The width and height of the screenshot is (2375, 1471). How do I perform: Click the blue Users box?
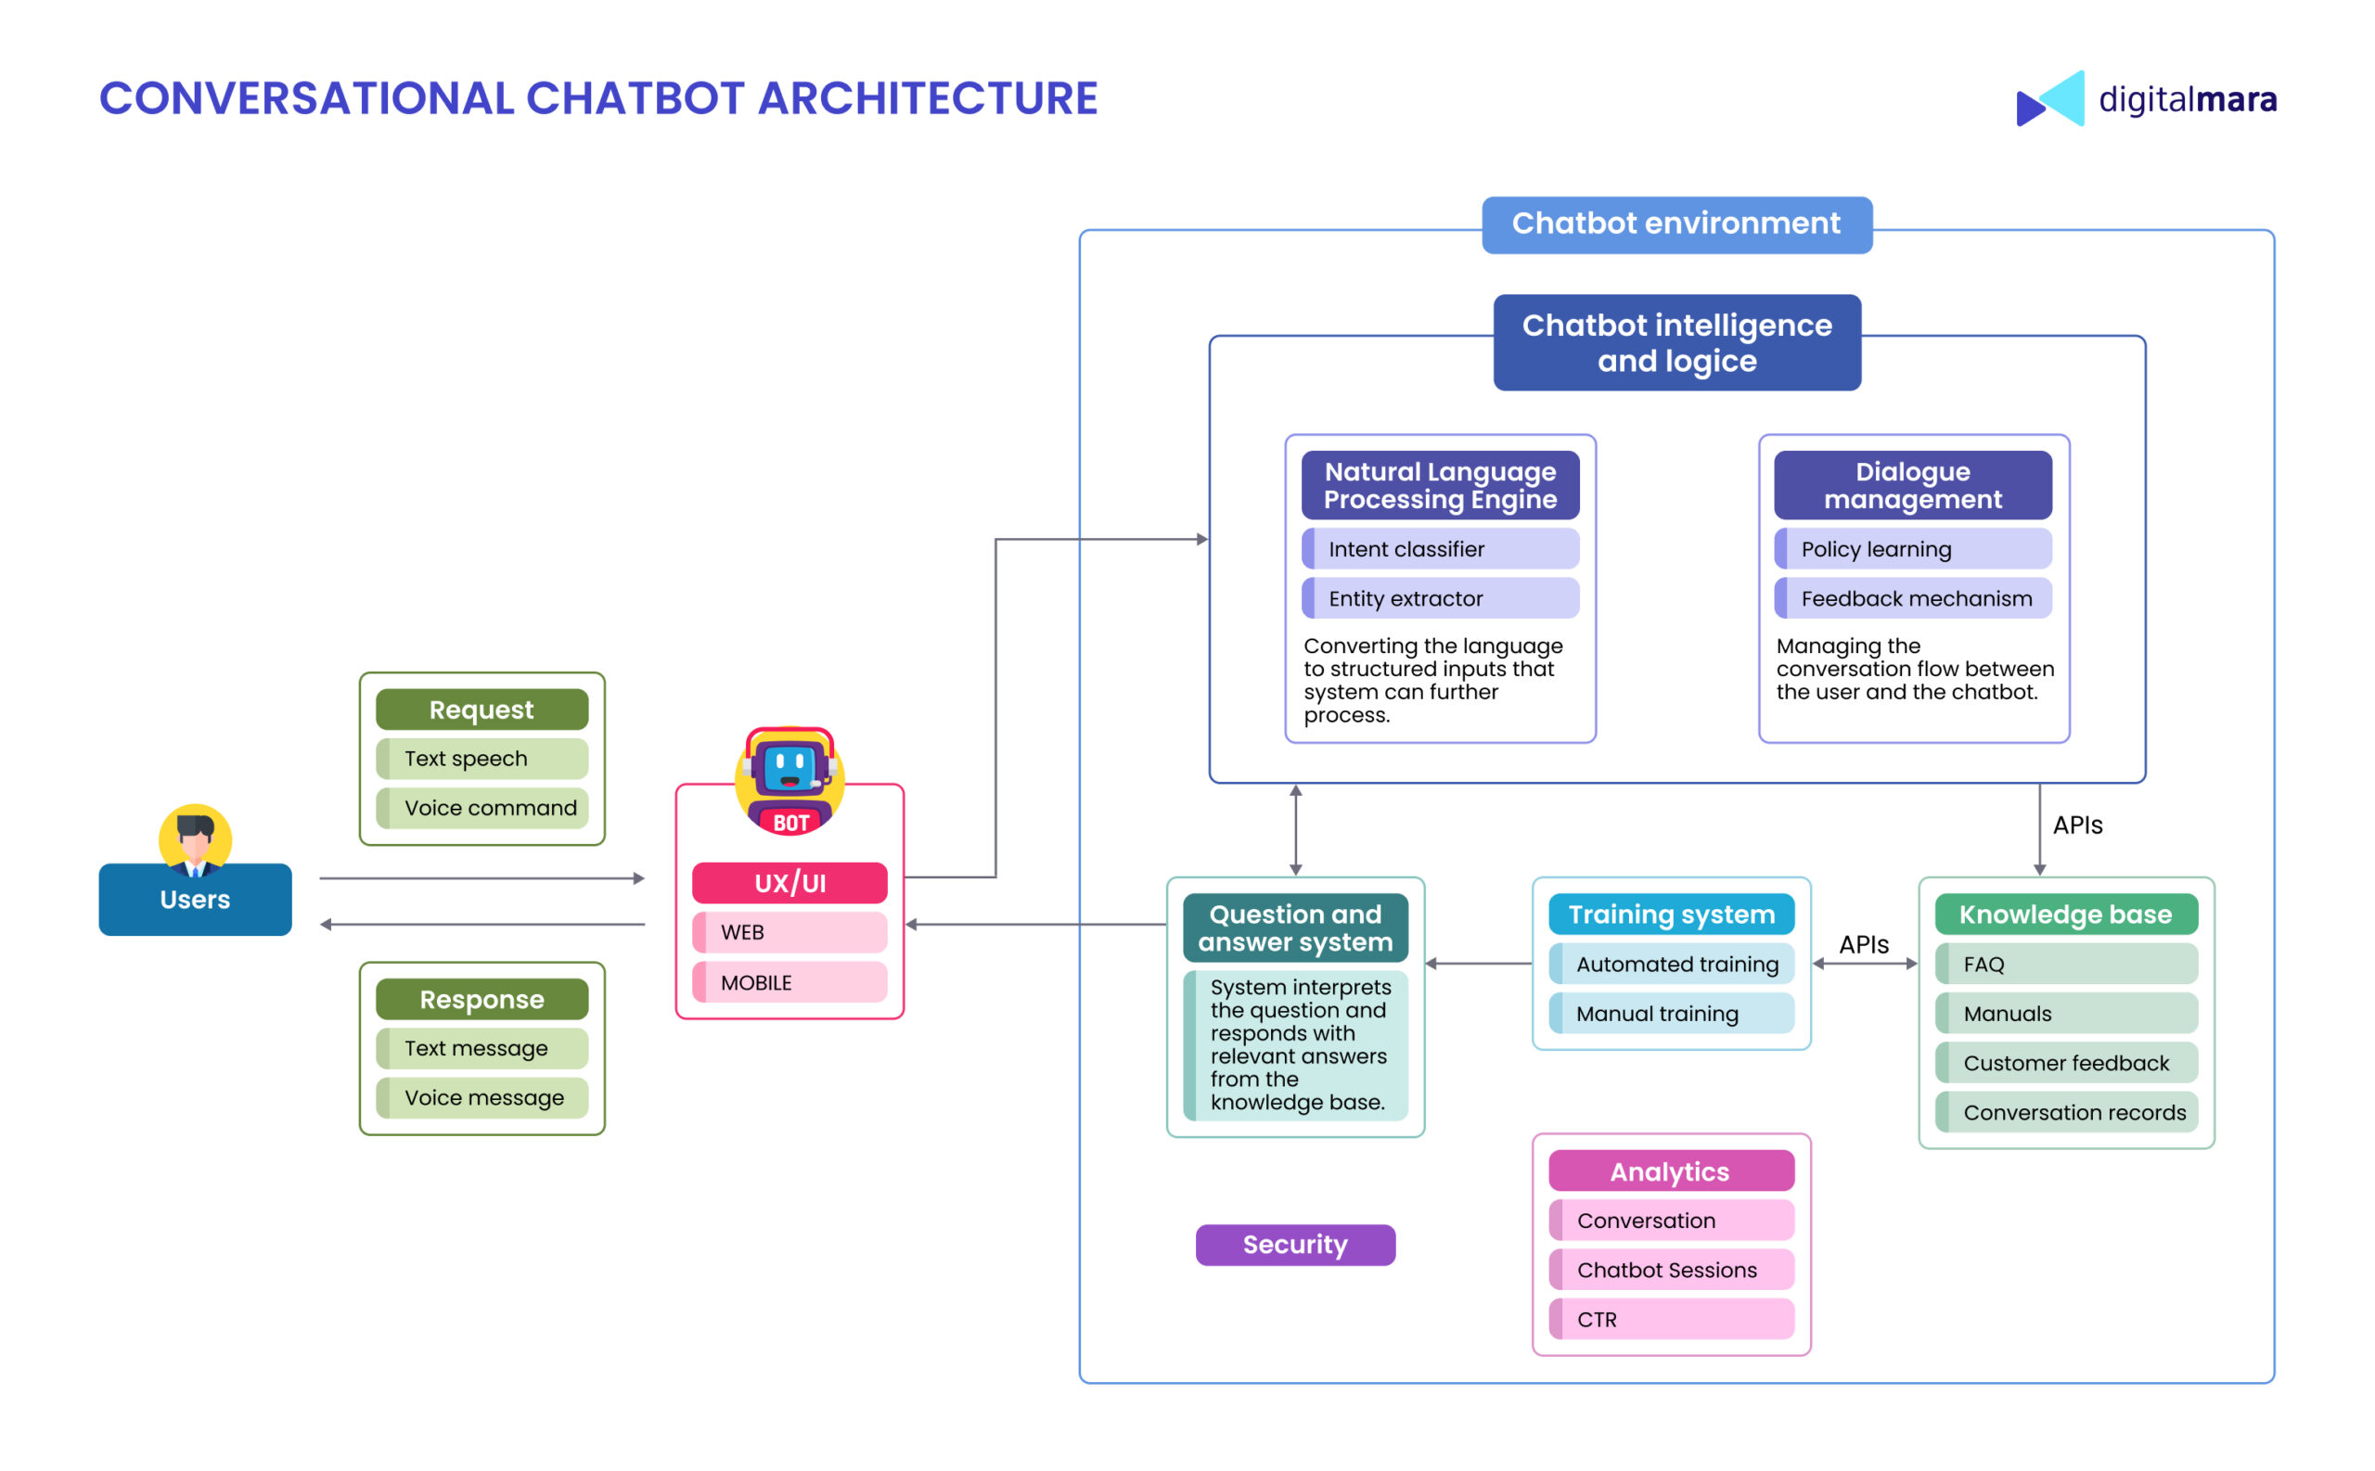[x=195, y=899]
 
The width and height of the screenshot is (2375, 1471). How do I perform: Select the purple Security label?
[x=1294, y=1245]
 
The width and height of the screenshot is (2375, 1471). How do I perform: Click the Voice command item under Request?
[x=481, y=808]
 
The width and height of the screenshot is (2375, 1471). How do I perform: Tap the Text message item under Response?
[x=481, y=1048]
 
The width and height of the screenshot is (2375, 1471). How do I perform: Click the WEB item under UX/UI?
[x=790, y=932]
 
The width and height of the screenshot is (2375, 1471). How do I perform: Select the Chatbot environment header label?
[x=1675, y=224]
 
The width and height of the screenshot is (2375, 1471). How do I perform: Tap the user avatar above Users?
[x=195, y=838]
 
